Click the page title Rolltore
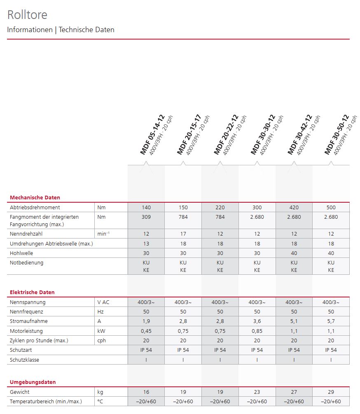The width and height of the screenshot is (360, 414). click(27, 15)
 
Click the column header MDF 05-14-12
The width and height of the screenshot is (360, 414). click(152, 135)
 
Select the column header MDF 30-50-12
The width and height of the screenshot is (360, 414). click(337, 135)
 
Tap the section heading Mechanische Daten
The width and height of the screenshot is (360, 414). click(35, 197)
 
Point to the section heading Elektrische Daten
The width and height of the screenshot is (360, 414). click(32, 292)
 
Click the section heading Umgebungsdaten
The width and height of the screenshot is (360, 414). click(33, 382)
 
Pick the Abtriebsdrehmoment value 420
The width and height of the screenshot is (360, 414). click(294, 207)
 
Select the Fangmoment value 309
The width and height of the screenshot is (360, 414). click(146, 217)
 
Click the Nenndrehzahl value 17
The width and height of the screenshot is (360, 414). click(183, 234)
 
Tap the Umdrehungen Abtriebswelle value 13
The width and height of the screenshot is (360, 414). click(146, 243)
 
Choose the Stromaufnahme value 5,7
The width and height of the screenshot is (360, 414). click(331, 321)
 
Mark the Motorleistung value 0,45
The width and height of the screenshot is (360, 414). click(146, 331)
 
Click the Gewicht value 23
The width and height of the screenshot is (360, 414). click(257, 392)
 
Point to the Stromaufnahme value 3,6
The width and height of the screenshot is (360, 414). click(257, 321)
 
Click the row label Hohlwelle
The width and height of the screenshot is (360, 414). click(22, 253)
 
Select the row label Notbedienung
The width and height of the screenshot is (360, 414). click(26, 262)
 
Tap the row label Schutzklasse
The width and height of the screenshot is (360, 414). click(26, 360)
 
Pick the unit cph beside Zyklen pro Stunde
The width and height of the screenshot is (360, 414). click(102, 341)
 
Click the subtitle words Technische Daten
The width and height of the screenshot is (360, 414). click(86, 30)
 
